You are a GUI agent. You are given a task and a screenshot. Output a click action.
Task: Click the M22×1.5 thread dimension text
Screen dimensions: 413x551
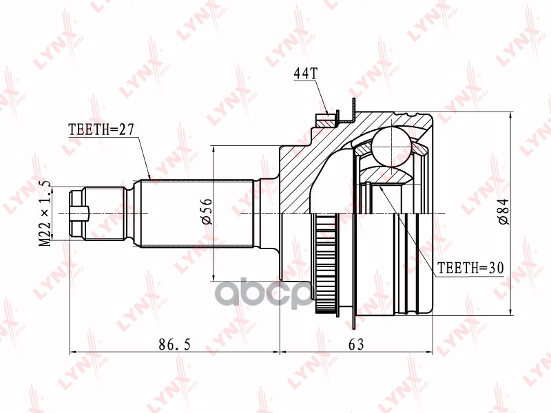coord(45,213)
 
